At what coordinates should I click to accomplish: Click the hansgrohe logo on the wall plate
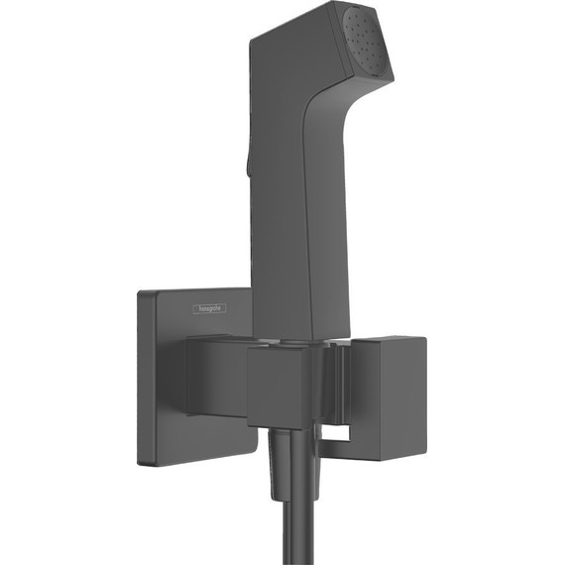pos(209,309)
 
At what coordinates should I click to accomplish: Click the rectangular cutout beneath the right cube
pos(337,434)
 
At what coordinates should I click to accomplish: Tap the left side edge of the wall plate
pos(140,377)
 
